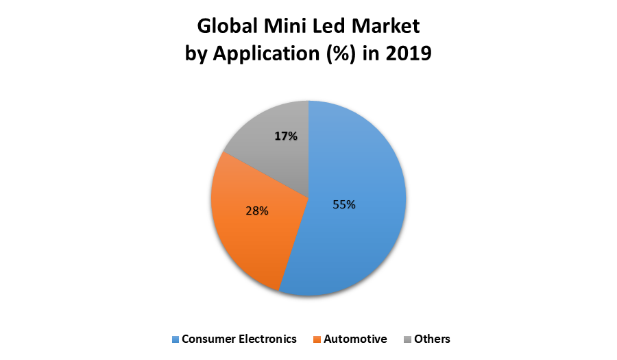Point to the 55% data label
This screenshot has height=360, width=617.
point(344,204)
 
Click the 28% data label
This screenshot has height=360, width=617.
point(256,211)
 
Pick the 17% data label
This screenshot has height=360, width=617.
point(286,136)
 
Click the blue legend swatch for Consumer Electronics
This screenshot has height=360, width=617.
point(175,339)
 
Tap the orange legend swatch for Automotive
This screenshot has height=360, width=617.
point(317,339)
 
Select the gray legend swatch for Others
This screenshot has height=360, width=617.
point(407,339)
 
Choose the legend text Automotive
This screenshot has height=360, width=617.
point(355,339)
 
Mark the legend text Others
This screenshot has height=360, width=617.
point(432,339)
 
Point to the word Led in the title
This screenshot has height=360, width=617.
point(330,27)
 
